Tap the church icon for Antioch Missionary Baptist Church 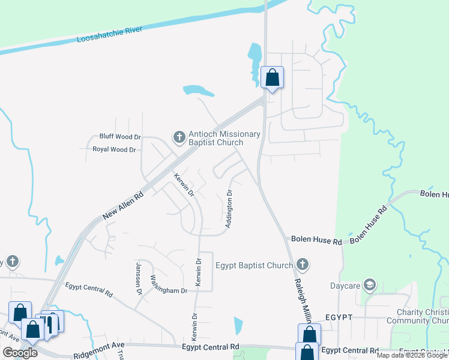(179, 138)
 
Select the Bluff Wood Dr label (119, 137)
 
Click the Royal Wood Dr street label (114, 149)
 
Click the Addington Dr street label (229, 209)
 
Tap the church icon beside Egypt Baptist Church (303, 264)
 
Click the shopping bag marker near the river (273, 78)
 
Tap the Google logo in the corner (20, 353)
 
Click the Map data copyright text (412, 356)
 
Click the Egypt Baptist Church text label (253, 265)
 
